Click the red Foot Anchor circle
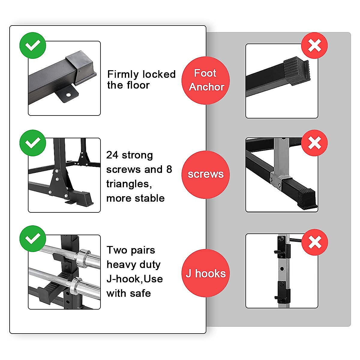click(206, 80)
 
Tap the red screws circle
click(206, 174)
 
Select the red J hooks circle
click(206, 273)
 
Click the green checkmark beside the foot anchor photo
click(33, 45)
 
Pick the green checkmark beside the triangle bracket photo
click(33, 143)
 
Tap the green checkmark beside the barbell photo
click(33, 239)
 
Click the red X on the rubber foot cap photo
click(314, 46)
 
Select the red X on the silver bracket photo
click(314, 143)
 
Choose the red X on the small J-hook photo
click(314, 242)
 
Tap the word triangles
click(129, 184)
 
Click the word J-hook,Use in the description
click(135, 279)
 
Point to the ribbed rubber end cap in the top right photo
click(297, 71)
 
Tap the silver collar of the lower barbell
click(76, 286)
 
